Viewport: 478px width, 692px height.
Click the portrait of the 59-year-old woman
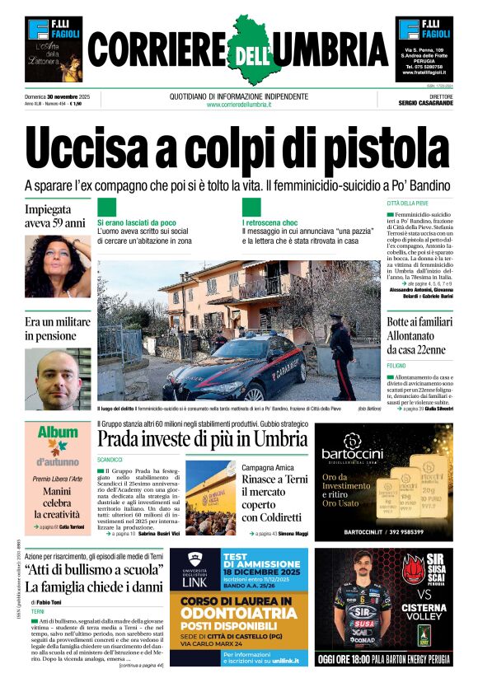[57, 265]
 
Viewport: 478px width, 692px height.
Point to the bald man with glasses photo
[57, 378]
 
